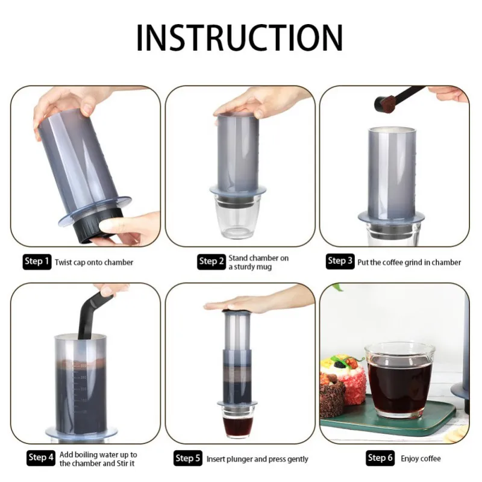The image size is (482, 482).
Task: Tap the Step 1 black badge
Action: pos(37,261)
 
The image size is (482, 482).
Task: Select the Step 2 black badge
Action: pos(211,261)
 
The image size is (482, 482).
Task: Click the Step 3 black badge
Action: pos(340,261)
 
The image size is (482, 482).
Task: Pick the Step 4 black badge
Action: pos(41,458)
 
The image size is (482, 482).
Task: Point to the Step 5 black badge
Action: pos(187,459)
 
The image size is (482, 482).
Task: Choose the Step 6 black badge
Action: pos(380,459)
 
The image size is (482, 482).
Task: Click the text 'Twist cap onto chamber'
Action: pos(94,262)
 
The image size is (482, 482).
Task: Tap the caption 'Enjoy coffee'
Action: pos(421,459)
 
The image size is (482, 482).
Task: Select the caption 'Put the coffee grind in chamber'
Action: pos(409,262)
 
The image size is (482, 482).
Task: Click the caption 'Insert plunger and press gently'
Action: pos(257,459)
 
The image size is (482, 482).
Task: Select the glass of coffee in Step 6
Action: pos(399,380)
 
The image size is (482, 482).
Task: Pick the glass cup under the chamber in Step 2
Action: pos(239,217)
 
